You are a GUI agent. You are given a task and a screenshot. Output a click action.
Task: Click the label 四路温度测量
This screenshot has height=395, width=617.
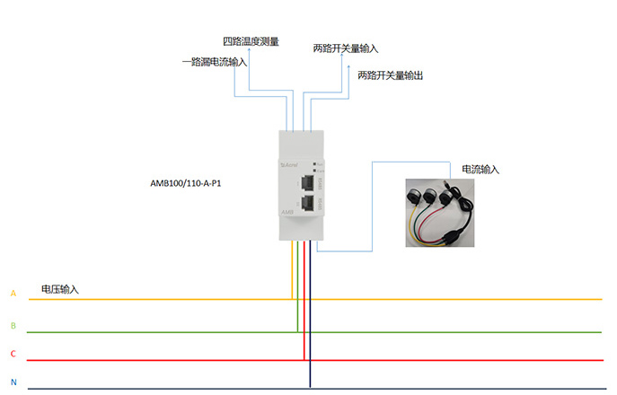click(251, 41)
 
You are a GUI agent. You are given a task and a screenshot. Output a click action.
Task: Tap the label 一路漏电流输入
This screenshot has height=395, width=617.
click(215, 62)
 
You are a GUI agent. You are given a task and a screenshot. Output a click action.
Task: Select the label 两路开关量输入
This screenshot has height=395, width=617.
click(346, 48)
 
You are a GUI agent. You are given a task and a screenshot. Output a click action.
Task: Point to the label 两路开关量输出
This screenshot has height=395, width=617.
click(390, 75)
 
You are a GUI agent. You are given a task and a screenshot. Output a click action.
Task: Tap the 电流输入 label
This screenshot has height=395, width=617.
click(480, 169)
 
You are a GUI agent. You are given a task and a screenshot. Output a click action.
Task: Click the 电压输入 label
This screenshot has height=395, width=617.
click(60, 289)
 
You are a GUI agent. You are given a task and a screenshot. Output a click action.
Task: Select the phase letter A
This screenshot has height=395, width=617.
click(13, 294)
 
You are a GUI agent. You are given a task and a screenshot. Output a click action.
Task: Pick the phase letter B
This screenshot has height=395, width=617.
click(13, 325)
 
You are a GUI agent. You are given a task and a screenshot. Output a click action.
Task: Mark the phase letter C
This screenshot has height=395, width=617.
click(13, 355)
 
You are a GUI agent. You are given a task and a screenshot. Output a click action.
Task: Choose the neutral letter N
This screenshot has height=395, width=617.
click(13, 383)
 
